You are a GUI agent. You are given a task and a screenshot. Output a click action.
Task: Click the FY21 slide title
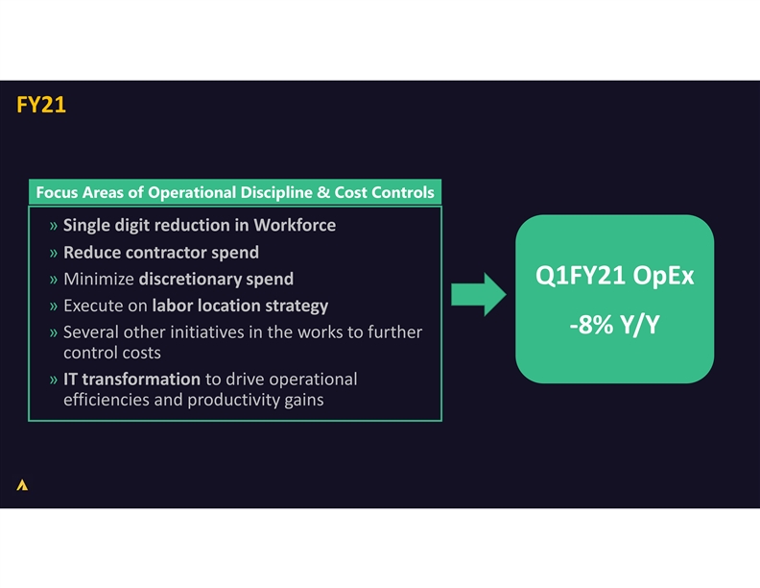(x=41, y=105)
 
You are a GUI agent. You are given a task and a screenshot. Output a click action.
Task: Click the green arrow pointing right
(x=477, y=294)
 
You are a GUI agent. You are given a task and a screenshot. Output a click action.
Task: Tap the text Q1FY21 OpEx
(x=614, y=277)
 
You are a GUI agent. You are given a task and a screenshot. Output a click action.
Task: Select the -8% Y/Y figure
(x=614, y=326)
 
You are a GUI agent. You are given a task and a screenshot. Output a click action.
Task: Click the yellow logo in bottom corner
(x=22, y=485)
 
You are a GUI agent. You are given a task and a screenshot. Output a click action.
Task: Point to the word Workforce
(x=295, y=226)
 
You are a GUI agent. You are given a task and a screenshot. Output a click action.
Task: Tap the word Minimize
(x=98, y=280)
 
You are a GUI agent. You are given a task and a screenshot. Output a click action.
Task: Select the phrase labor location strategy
(x=240, y=306)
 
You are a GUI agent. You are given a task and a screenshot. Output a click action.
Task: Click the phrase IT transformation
(x=131, y=379)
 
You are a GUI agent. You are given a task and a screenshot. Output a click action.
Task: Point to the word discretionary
(x=190, y=280)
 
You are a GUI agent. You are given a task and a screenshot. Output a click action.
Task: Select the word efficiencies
(x=106, y=400)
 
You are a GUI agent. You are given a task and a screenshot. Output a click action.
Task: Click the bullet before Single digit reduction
(x=54, y=227)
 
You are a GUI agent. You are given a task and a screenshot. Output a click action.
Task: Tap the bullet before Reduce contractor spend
(x=54, y=254)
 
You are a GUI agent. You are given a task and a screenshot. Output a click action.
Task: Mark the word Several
(x=92, y=332)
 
